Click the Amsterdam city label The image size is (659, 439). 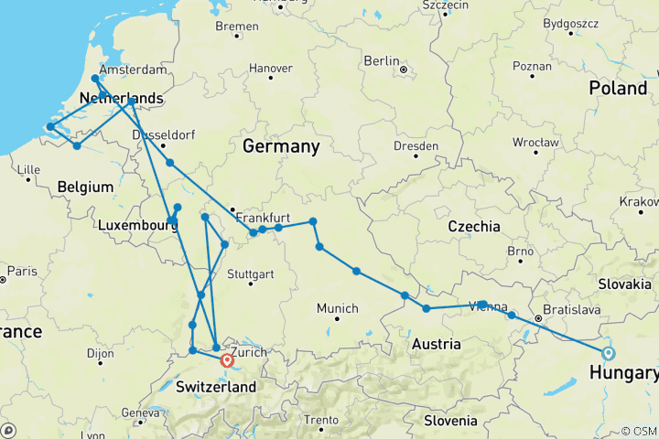click(133, 70)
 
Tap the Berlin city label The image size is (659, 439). click(382, 60)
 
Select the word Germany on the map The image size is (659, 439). click(281, 146)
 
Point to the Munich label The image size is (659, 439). click(337, 308)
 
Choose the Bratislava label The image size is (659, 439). click(573, 310)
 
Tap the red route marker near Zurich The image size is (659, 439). click(228, 360)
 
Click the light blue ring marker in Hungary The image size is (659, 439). click(609, 353)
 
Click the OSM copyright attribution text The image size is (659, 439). click(638, 431)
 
